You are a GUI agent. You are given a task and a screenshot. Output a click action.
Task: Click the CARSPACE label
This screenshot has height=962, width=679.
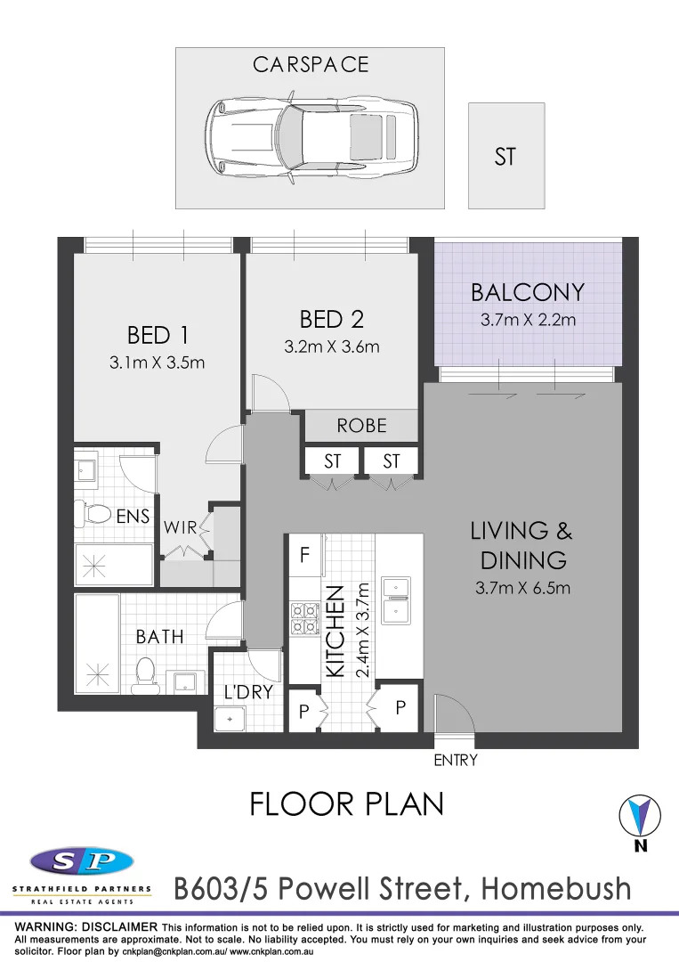(x=310, y=65)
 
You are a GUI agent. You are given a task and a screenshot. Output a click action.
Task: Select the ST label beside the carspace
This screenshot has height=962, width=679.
(x=505, y=157)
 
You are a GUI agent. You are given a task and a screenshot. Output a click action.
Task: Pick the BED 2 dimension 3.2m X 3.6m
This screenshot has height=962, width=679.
(x=331, y=346)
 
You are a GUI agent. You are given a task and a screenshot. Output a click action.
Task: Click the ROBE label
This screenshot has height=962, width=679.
(x=361, y=426)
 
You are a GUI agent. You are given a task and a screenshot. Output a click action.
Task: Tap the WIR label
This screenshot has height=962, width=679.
(x=180, y=526)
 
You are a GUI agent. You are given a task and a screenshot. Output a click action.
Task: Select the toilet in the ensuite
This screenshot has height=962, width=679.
(x=94, y=513)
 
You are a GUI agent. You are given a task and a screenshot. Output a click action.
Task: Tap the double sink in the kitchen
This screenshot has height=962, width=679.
(x=395, y=599)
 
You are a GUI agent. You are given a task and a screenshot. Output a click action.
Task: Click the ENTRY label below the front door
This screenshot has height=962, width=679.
(x=456, y=760)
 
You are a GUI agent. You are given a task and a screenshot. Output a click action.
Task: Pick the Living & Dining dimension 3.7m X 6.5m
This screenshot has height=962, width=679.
(x=522, y=588)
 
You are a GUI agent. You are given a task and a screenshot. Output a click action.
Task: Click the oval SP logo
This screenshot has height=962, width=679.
(x=82, y=860)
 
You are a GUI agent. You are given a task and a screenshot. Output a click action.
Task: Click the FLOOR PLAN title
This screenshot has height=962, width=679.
(x=346, y=803)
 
